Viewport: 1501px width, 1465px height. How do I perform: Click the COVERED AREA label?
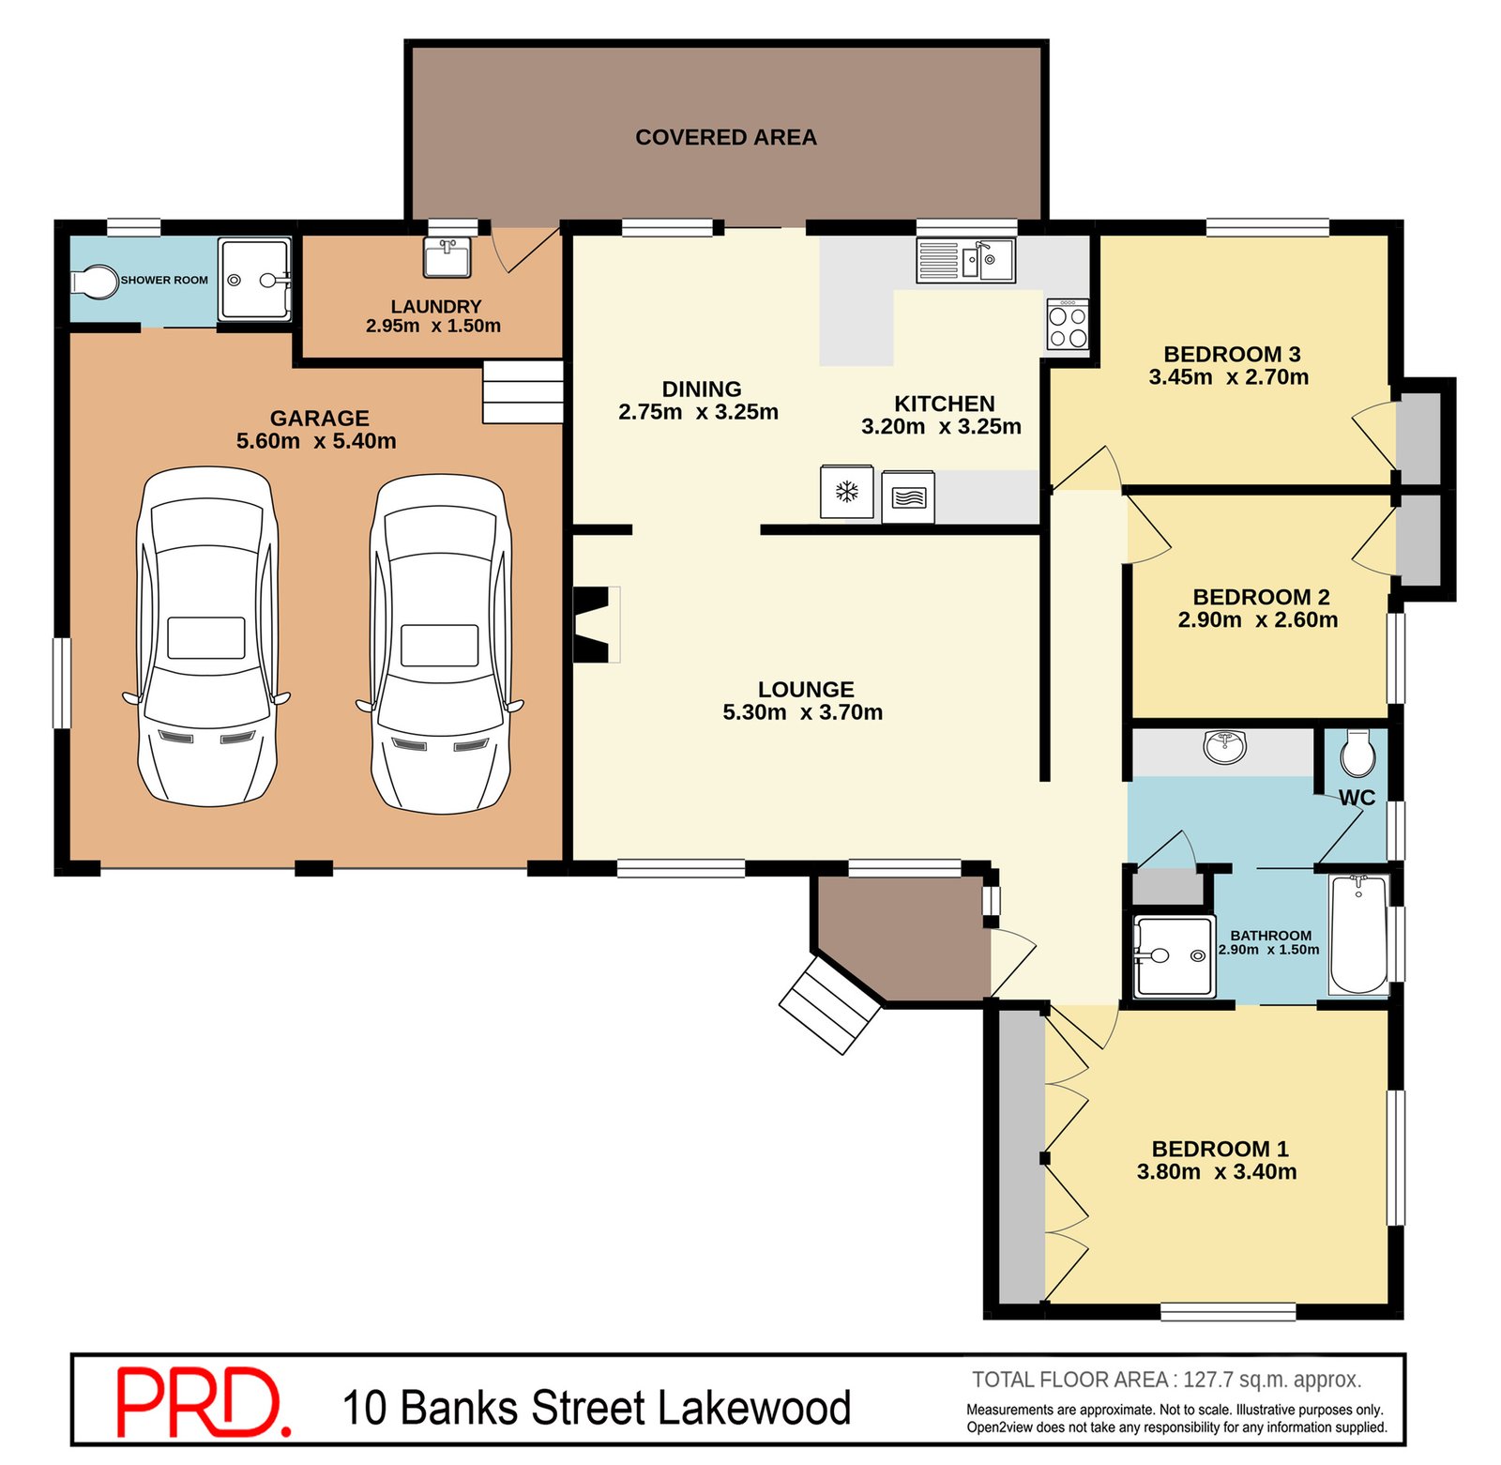click(x=725, y=137)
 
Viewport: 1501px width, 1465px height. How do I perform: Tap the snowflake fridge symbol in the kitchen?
click(x=846, y=491)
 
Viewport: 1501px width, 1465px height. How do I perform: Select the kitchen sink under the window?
click(x=965, y=259)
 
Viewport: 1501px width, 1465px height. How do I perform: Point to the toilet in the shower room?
click(x=94, y=281)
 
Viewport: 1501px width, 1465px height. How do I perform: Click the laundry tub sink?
click(x=447, y=257)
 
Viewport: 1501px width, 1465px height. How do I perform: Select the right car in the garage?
click(x=440, y=643)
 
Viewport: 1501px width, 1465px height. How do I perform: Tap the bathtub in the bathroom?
click(x=1357, y=933)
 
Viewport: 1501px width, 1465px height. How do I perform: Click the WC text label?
click(x=1357, y=797)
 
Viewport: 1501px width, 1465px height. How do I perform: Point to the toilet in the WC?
click(x=1357, y=753)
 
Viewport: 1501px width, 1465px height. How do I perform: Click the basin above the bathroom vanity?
click(x=1224, y=746)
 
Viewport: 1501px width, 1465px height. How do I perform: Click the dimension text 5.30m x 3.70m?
click(x=802, y=712)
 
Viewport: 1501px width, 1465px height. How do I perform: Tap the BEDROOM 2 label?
click(x=1261, y=597)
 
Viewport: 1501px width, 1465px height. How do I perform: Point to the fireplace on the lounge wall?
click(x=594, y=624)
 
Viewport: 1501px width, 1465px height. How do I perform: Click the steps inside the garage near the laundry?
click(x=523, y=391)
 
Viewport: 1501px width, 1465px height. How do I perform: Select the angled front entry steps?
click(x=829, y=1003)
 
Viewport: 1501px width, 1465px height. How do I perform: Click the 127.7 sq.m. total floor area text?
click(x=1270, y=1379)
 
